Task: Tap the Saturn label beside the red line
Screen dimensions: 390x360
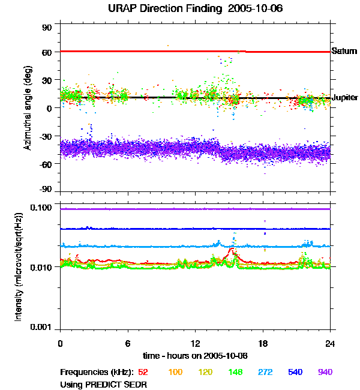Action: (345, 52)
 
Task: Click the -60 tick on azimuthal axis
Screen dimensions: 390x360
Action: (45, 163)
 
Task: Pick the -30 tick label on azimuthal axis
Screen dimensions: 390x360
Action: (45, 136)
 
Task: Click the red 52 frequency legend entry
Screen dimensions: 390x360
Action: (143, 372)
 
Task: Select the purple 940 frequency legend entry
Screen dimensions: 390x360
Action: (325, 372)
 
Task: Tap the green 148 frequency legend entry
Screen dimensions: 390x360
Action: (235, 372)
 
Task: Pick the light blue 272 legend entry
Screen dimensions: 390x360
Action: (265, 372)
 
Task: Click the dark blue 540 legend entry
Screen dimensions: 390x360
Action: (295, 372)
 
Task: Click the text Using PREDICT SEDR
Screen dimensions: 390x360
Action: (104, 384)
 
